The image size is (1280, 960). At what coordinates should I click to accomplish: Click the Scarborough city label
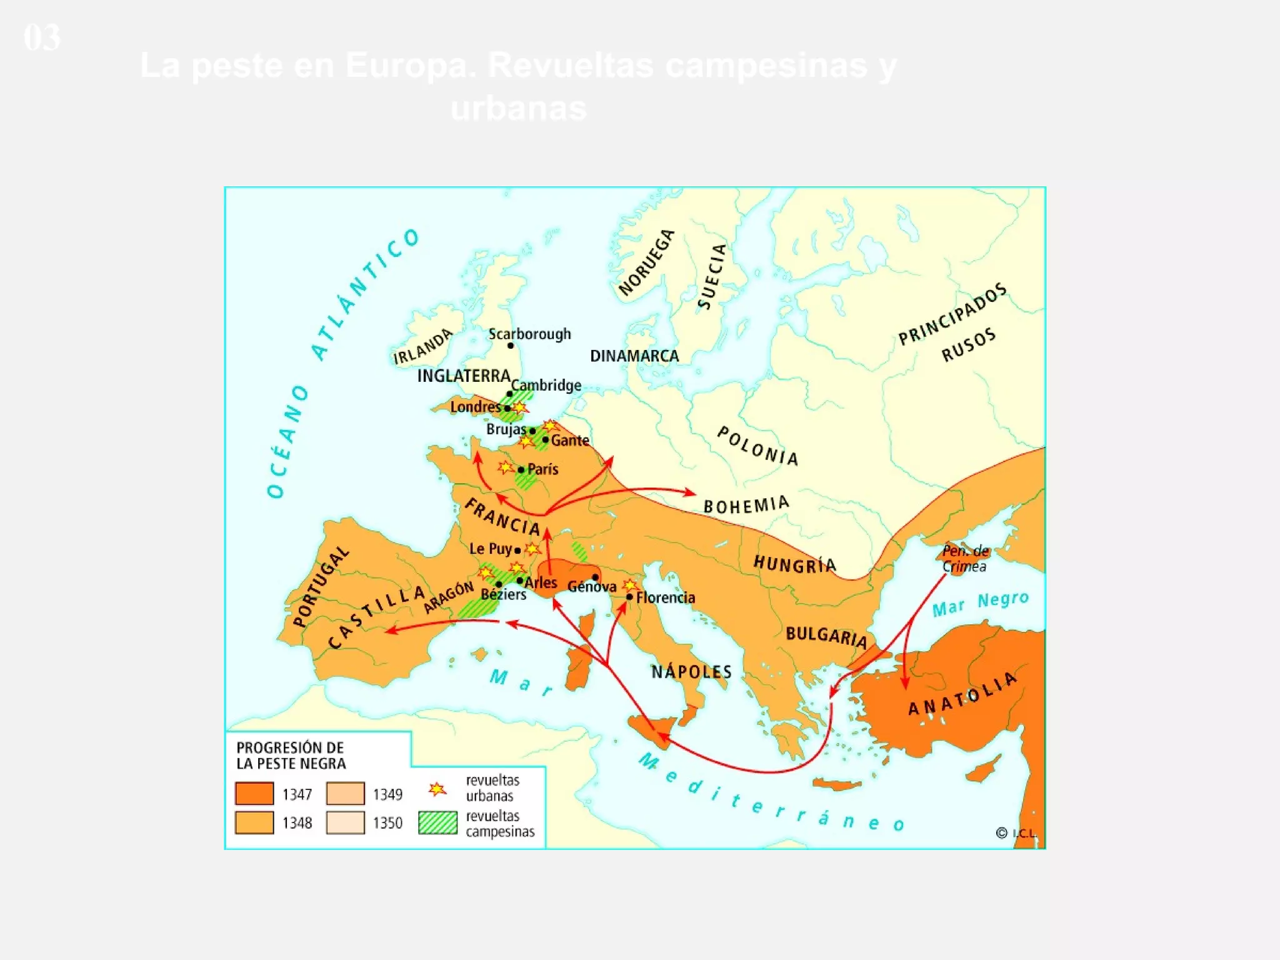click(x=529, y=334)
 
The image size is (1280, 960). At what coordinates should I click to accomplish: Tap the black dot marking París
click(x=521, y=470)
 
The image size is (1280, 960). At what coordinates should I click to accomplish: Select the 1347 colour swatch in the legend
click(x=254, y=794)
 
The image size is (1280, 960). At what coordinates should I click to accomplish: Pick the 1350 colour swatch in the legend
click(x=345, y=822)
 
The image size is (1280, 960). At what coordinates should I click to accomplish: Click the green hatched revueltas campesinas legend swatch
click(x=437, y=822)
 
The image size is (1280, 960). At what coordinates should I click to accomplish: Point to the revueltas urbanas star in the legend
click(x=437, y=789)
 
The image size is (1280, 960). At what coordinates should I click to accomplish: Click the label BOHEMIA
click(x=746, y=505)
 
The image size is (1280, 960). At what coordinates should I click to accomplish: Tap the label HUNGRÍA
click(x=794, y=564)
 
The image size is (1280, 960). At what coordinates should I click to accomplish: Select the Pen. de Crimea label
click(x=965, y=559)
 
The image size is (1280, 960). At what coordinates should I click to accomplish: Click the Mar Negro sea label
click(x=980, y=604)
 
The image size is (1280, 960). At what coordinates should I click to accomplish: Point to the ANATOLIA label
click(x=962, y=694)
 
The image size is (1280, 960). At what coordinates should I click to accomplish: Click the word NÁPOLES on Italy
click(x=691, y=672)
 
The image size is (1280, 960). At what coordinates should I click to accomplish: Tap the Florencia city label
click(x=665, y=598)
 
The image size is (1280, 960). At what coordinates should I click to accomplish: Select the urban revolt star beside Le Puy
click(x=532, y=549)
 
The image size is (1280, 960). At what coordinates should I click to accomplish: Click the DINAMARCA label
click(x=634, y=356)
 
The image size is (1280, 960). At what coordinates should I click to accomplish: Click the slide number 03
click(x=42, y=37)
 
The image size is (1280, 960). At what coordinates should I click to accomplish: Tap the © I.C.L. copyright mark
click(x=1016, y=833)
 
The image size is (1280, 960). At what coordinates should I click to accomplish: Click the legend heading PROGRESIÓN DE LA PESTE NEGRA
click(x=291, y=756)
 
